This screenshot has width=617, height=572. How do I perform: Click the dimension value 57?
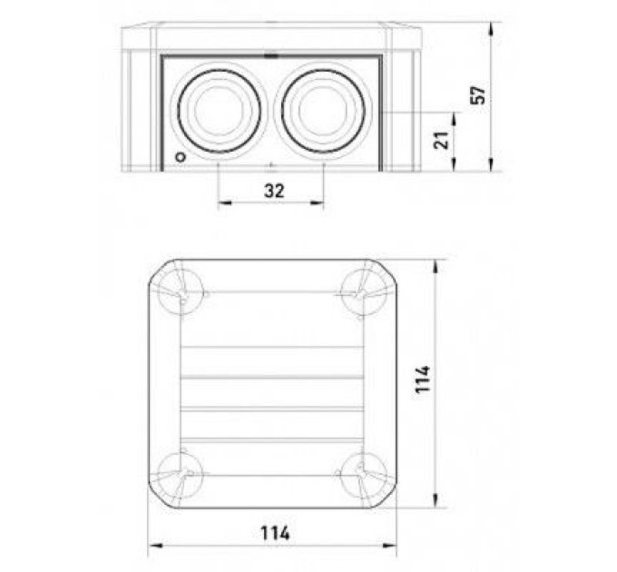478,95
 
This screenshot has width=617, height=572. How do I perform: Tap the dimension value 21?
442,140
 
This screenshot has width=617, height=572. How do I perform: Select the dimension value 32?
274,191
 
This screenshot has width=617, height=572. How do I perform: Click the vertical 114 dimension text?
423,380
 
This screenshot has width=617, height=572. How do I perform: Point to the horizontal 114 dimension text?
276,534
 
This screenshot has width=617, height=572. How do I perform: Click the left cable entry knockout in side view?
220,112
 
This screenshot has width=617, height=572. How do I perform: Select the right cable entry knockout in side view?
323,112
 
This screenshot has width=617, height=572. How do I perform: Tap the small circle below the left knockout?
181,157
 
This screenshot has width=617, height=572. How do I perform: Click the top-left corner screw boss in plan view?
181,292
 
